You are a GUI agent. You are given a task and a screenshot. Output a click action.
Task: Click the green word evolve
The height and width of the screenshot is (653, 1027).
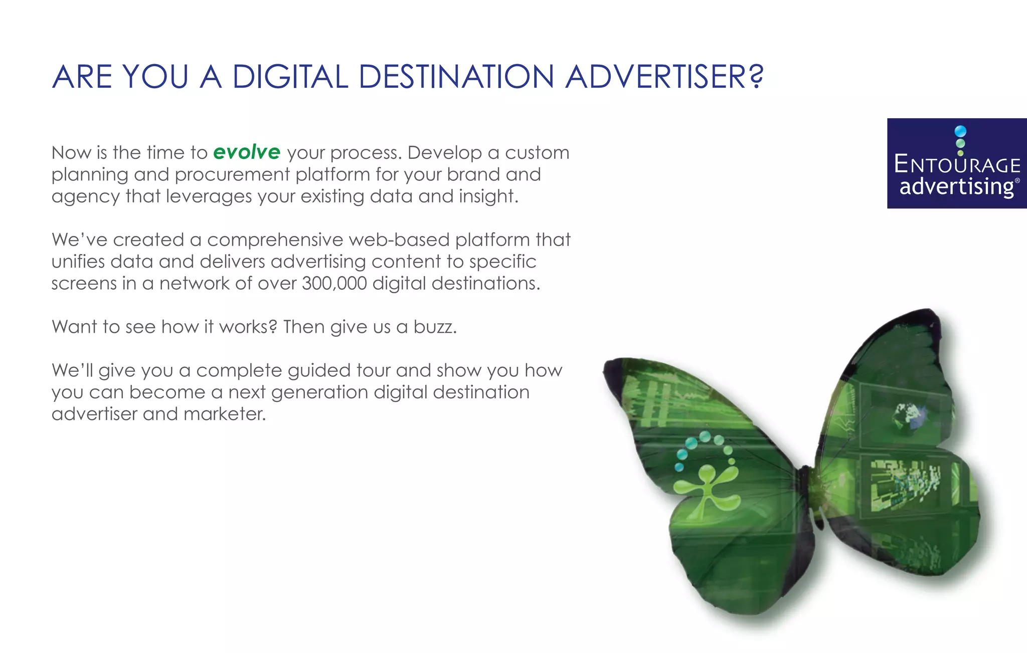click(247, 152)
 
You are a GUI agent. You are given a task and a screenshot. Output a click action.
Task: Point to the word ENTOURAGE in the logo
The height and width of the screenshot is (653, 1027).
click(957, 165)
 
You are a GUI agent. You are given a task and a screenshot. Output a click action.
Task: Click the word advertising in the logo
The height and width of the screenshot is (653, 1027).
click(957, 186)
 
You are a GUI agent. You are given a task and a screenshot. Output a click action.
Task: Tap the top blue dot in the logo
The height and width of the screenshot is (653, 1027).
click(960, 131)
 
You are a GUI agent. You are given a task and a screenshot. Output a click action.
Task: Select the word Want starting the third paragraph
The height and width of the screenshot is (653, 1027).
click(74, 327)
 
